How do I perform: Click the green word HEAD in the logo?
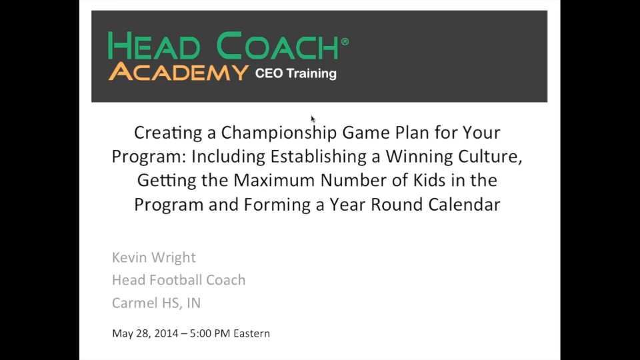[x=154, y=46]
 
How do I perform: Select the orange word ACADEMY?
[x=179, y=72]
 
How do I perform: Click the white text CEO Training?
[x=295, y=73]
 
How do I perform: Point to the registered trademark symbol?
[x=345, y=41]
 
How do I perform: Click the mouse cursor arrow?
[x=313, y=119]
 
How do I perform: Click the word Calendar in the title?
[x=464, y=205]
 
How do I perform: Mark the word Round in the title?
[x=397, y=205]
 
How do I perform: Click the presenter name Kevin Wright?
[x=154, y=258]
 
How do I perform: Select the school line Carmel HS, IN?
[x=156, y=303]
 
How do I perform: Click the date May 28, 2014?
[x=145, y=333]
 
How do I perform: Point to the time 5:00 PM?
[x=210, y=333]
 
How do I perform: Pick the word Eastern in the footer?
[x=252, y=333]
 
